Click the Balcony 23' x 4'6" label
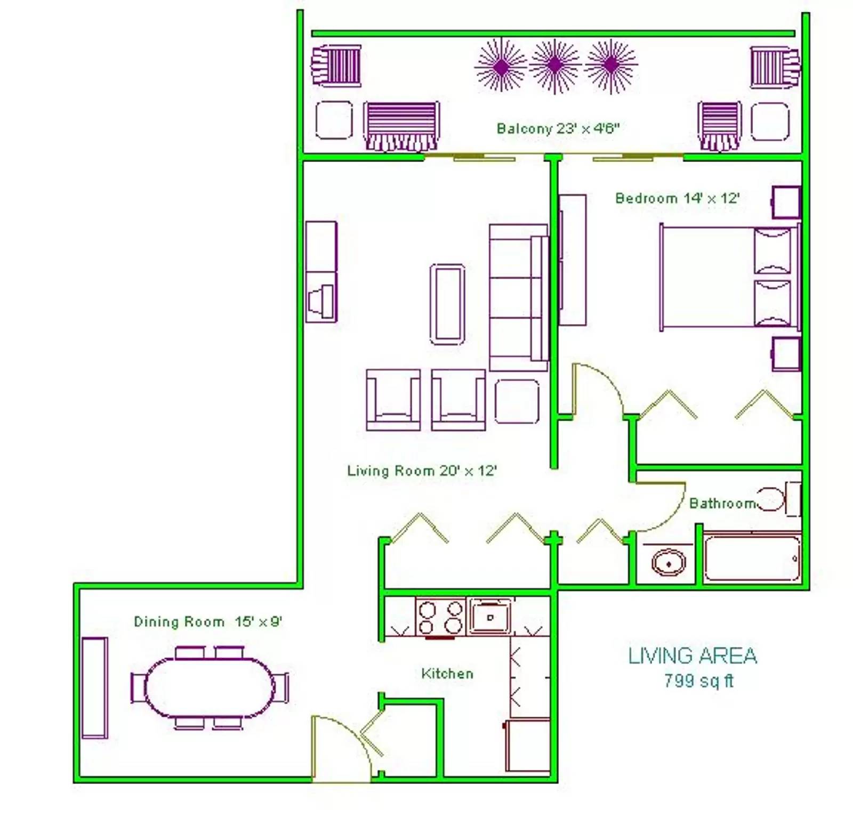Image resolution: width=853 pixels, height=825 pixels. [x=558, y=128]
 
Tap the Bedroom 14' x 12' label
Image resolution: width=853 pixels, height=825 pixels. [x=677, y=198]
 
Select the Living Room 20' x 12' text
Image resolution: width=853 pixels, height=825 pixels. [x=422, y=471]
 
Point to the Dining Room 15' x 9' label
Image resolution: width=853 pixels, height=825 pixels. [x=207, y=621]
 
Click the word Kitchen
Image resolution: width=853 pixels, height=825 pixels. [x=447, y=674]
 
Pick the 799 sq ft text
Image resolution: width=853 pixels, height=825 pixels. [x=698, y=681]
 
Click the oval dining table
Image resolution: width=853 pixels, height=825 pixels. [x=210, y=687]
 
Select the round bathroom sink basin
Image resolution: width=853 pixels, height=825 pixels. [x=669, y=563]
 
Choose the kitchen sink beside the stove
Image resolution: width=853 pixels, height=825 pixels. [x=489, y=617]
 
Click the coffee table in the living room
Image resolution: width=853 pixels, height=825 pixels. [x=447, y=304]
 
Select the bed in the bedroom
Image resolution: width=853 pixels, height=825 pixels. [x=730, y=277]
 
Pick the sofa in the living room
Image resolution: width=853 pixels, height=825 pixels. [x=519, y=297]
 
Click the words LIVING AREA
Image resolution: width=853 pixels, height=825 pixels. [x=693, y=656]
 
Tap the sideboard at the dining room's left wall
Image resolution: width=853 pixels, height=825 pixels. [x=95, y=687]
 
